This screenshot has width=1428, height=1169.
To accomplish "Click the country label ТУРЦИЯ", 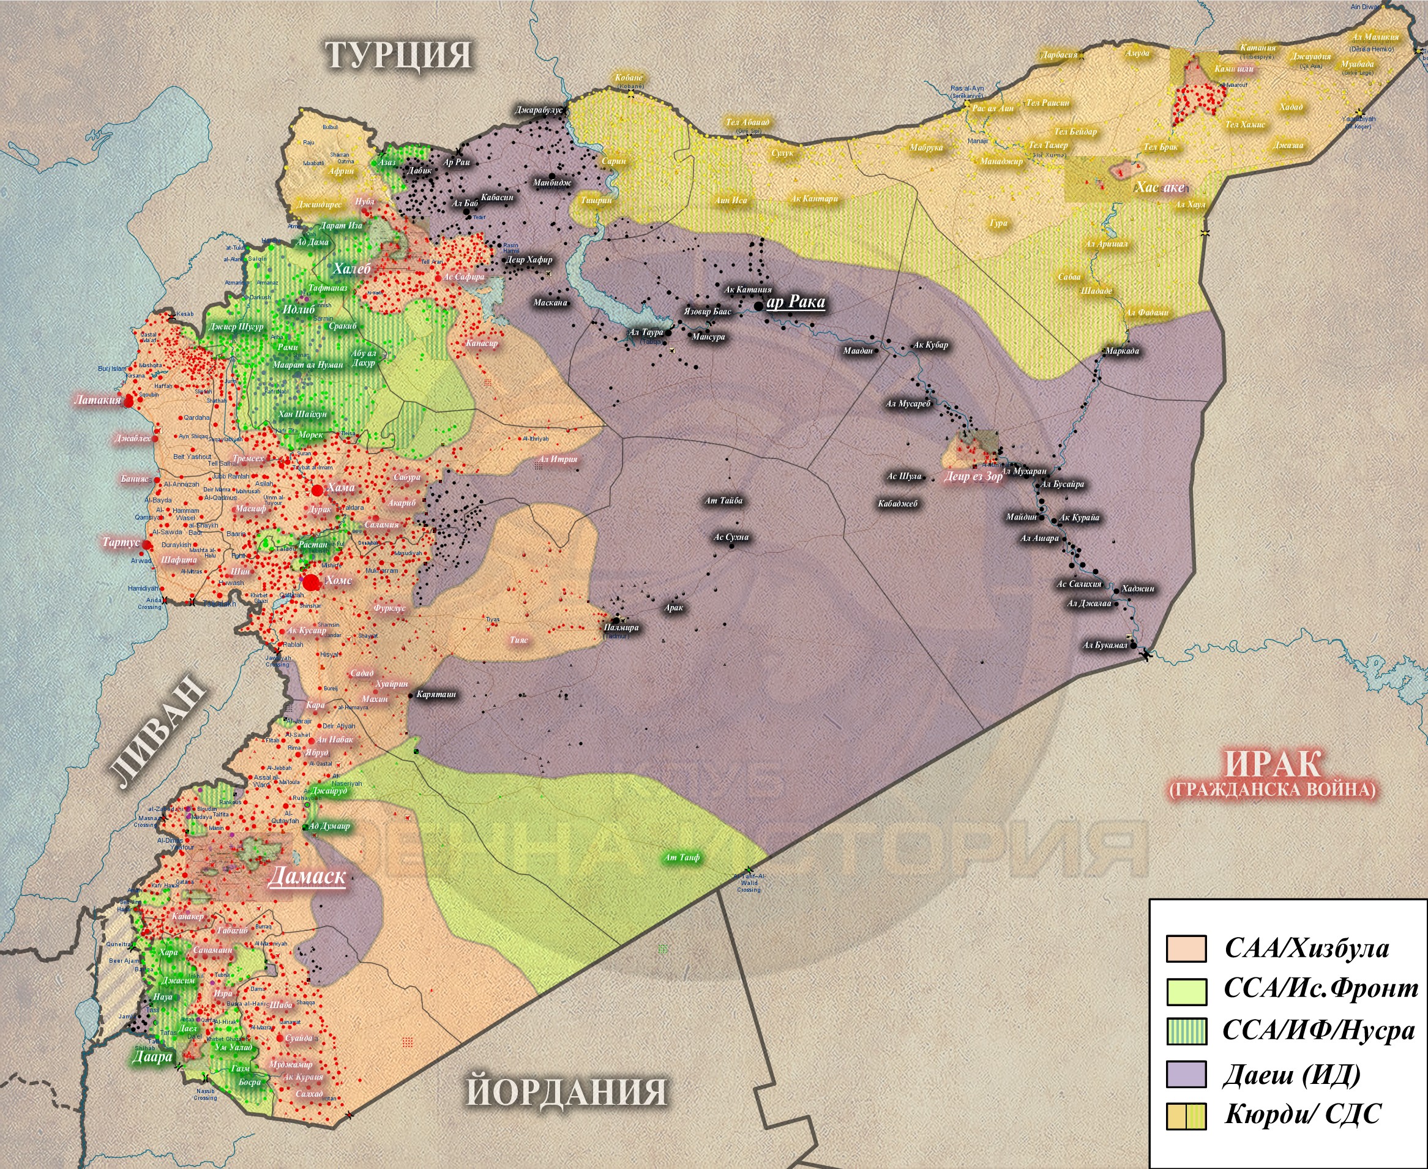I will coord(398,54).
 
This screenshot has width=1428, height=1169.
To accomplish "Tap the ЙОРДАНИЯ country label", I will coord(566,1091).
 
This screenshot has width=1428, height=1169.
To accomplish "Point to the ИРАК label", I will coord(1272,764).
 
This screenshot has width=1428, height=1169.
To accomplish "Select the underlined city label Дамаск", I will coord(307,875).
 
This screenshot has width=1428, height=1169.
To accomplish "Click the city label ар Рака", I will coord(796,302).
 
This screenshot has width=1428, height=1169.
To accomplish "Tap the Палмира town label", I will coord(621,627).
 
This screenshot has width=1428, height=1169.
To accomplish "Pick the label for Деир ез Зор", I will coord(973,476).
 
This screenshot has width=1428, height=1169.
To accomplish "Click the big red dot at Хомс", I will coord(310,583).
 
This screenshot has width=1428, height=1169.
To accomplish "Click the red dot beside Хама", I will coord(317,490).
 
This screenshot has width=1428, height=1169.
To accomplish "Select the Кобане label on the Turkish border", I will coord(629,78).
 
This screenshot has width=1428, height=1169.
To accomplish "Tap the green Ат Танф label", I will coord(682,857).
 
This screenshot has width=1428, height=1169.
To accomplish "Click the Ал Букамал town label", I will coord(1105,645).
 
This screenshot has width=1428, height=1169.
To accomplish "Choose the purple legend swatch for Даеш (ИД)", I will coord(1186,1074).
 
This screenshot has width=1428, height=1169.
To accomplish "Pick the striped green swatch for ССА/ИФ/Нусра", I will coord(1186,1031).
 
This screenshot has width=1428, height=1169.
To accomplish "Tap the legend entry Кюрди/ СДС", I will coord(1302,1114).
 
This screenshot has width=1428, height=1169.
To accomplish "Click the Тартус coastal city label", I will coord(121,542).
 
